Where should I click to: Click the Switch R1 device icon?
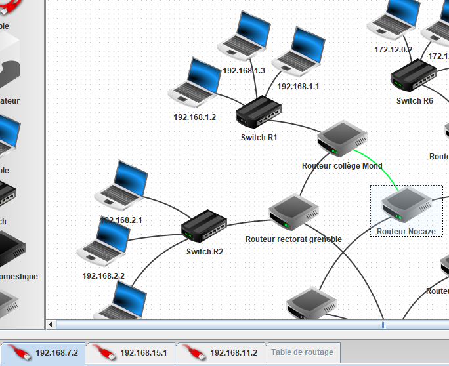(258, 113)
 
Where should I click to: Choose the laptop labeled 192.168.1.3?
(244, 37)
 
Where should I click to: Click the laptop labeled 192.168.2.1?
(122, 186)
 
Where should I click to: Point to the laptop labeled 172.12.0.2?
(394, 20)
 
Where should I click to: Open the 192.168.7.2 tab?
(43, 353)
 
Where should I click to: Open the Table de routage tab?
(302, 352)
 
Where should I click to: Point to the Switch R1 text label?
(259, 138)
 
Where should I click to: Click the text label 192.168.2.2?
(103, 276)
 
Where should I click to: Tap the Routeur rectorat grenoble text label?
(293, 239)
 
